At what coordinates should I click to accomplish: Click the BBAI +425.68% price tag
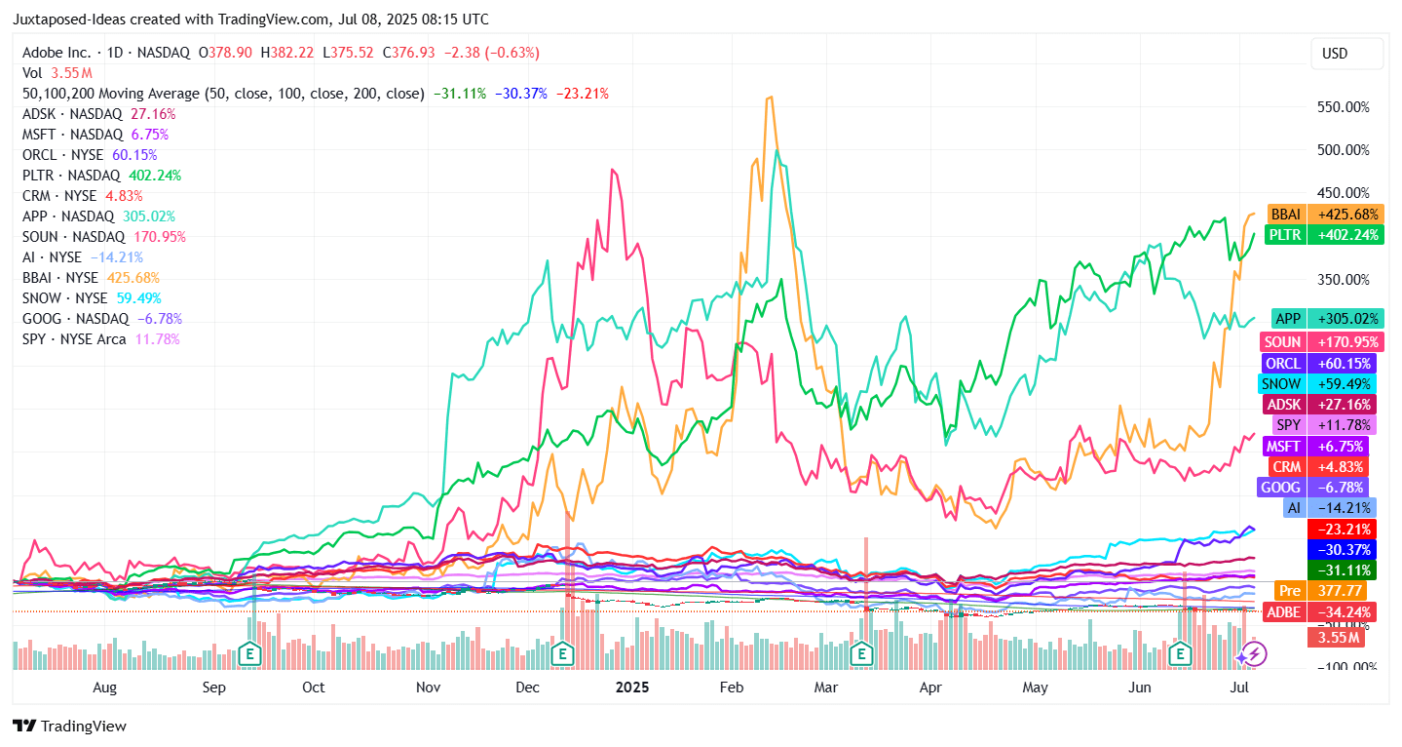[x=1325, y=214]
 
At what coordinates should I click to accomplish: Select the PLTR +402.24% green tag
[x=1325, y=235]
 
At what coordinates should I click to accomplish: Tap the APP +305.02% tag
[x=1327, y=319]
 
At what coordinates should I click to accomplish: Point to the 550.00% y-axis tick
[x=1344, y=107]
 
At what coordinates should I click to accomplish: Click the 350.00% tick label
[x=1344, y=280]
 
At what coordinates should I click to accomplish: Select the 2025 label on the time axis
[x=631, y=687]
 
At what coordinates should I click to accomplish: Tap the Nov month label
[x=429, y=687]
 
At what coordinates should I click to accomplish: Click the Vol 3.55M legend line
[x=57, y=73]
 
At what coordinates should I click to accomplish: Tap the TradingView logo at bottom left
[x=69, y=727]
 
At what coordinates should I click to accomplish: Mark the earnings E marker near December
[x=561, y=653]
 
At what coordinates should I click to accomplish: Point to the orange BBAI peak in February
[x=771, y=98]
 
